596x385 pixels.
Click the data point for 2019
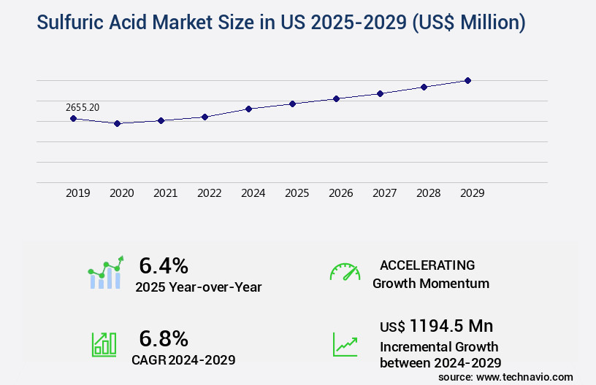coord(73,118)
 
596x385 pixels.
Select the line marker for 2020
coord(117,123)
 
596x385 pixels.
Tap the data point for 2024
coord(248,109)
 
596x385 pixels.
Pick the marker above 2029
coord(467,80)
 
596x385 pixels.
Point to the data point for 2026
coord(336,98)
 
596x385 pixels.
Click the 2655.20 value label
coord(83,107)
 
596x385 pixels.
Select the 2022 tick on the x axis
coord(209,193)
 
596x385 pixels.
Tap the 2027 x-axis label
coord(384,193)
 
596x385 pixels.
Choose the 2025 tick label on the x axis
coord(297,193)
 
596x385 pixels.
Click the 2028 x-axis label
coord(428,193)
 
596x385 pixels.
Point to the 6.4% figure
coord(164,265)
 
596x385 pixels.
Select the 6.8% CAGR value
coord(164,338)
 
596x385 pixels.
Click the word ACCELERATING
coord(427,265)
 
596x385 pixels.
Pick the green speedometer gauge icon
coord(345,272)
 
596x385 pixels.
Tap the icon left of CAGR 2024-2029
coord(103,344)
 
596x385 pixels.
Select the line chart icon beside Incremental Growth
coord(345,344)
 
